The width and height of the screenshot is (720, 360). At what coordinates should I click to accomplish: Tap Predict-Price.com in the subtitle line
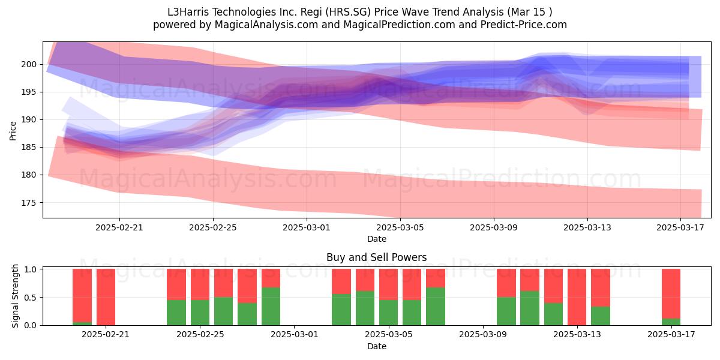click(524, 25)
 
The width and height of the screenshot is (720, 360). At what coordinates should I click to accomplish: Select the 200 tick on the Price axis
click(29, 65)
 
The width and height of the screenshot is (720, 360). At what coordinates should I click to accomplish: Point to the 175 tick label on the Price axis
click(29, 203)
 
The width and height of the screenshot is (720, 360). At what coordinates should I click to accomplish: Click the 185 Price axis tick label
click(29, 148)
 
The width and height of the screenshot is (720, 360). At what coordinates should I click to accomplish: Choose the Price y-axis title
click(13, 131)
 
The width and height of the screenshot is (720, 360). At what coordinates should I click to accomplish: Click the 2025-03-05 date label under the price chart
click(400, 227)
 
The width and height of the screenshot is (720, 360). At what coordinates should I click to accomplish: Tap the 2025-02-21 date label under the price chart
click(119, 227)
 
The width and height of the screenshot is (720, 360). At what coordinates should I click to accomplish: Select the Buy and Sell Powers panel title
click(376, 257)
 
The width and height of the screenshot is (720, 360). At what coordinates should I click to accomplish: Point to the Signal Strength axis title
click(15, 296)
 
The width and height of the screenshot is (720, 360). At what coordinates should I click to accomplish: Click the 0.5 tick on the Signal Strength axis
click(30, 298)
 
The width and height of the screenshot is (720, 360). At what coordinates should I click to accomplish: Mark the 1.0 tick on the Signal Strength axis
click(30, 269)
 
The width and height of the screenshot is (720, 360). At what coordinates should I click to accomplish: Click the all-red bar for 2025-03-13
click(577, 297)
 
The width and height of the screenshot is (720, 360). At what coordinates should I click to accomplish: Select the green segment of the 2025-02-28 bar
click(271, 307)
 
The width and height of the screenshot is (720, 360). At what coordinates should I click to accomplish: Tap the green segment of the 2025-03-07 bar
click(436, 307)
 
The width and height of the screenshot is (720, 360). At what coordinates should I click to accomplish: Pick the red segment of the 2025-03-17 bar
click(671, 294)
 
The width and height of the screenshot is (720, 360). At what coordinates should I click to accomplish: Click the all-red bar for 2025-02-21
click(106, 297)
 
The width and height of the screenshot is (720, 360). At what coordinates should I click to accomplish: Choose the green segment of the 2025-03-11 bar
click(530, 308)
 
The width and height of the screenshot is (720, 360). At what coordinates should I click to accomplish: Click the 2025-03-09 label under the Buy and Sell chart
click(483, 335)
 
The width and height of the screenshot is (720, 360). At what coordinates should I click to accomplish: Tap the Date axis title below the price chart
click(377, 239)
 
